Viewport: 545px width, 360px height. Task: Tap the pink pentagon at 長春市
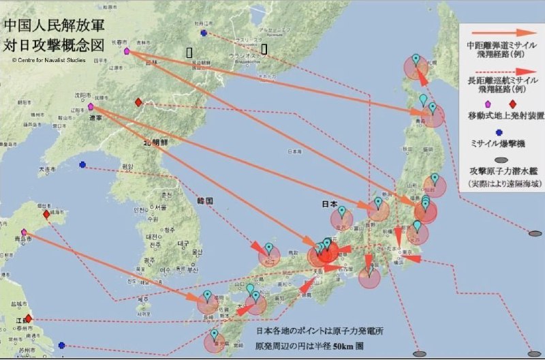click(127, 50)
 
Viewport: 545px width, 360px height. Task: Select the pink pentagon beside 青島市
click(24, 232)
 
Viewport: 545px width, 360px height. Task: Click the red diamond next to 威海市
click(46, 214)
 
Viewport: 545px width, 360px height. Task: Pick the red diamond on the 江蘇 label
click(28, 318)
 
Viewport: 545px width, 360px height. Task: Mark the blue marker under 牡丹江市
click(204, 33)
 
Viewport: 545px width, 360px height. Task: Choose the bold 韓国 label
click(205, 201)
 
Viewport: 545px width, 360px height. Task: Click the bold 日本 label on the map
click(330, 204)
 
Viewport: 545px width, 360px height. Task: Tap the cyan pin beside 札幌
click(416, 58)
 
